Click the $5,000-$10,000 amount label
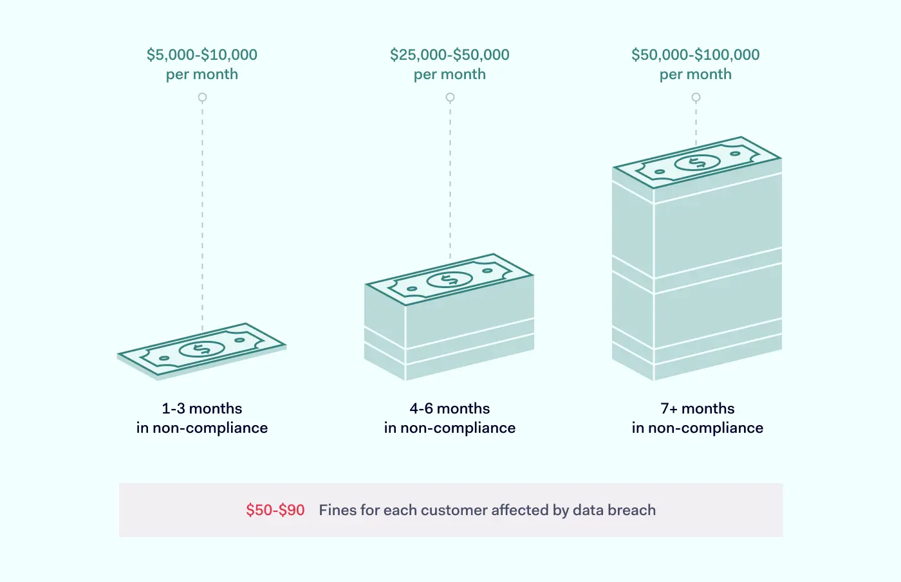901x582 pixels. click(202, 55)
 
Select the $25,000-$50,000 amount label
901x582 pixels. click(450, 55)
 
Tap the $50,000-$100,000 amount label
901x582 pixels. click(696, 55)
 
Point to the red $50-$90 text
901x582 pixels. click(275, 510)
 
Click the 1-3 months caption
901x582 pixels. click(202, 408)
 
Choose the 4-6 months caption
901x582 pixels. click(450, 408)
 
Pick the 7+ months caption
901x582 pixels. click(698, 408)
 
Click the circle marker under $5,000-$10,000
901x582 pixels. click(202, 97)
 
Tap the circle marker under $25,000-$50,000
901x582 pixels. click(450, 97)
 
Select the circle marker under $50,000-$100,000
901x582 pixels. click(696, 97)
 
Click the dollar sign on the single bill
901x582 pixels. click(201, 349)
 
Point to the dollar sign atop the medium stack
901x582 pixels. click(449, 279)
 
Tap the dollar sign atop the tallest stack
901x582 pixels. click(697, 162)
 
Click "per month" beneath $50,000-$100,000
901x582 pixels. click(696, 75)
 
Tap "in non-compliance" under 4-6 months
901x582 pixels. click(450, 428)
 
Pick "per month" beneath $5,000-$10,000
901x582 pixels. click(202, 75)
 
